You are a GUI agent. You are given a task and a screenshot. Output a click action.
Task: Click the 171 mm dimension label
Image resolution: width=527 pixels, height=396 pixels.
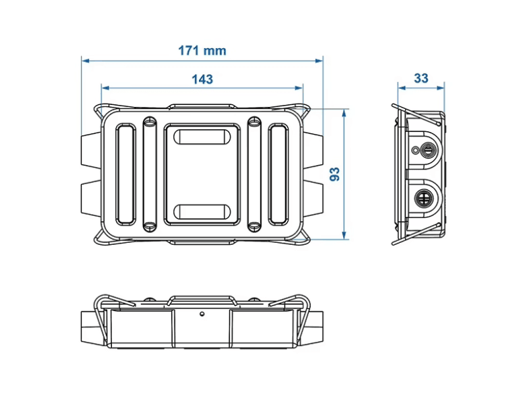pos(202,51)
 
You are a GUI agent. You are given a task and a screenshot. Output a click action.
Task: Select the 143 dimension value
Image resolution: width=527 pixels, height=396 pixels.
pos(202,79)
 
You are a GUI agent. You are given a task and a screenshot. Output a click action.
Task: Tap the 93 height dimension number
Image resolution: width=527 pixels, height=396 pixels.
pos(335,174)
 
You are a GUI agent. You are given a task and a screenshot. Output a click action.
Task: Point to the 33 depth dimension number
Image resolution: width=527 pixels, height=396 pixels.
pos(421,78)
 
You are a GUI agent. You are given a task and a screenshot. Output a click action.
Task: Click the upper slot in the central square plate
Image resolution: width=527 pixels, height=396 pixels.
pos(202,138)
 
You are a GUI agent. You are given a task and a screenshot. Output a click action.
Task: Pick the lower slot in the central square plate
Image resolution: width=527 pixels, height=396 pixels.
pos(202,211)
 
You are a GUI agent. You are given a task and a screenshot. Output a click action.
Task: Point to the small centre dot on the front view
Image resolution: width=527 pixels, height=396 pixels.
pos(203,311)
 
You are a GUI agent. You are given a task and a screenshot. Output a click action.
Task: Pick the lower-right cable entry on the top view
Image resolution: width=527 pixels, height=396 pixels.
pos(314,200)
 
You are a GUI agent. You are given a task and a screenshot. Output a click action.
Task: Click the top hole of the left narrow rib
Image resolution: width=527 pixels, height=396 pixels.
pos(149,122)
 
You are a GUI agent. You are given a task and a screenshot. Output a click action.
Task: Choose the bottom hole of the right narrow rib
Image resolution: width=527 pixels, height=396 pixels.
pos(254,226)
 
